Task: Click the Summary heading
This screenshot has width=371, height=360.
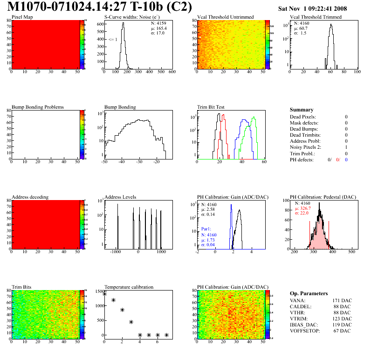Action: [301, 110]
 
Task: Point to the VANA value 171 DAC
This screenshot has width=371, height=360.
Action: [345, 300]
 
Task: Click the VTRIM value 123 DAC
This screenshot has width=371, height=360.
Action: [345, 318]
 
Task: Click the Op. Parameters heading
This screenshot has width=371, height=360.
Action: [309, 293]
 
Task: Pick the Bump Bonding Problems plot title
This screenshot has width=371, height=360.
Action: [38, 107]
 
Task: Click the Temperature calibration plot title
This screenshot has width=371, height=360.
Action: [129, 287]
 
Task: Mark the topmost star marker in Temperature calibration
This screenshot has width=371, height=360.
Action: [104, 294]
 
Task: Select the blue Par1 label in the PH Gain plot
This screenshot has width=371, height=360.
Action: [206, 229]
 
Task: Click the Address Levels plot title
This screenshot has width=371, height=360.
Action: [120, 197]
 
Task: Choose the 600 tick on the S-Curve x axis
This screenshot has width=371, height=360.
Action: [172, 72]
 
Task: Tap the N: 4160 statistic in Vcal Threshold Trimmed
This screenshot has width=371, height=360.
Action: [302, 23]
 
